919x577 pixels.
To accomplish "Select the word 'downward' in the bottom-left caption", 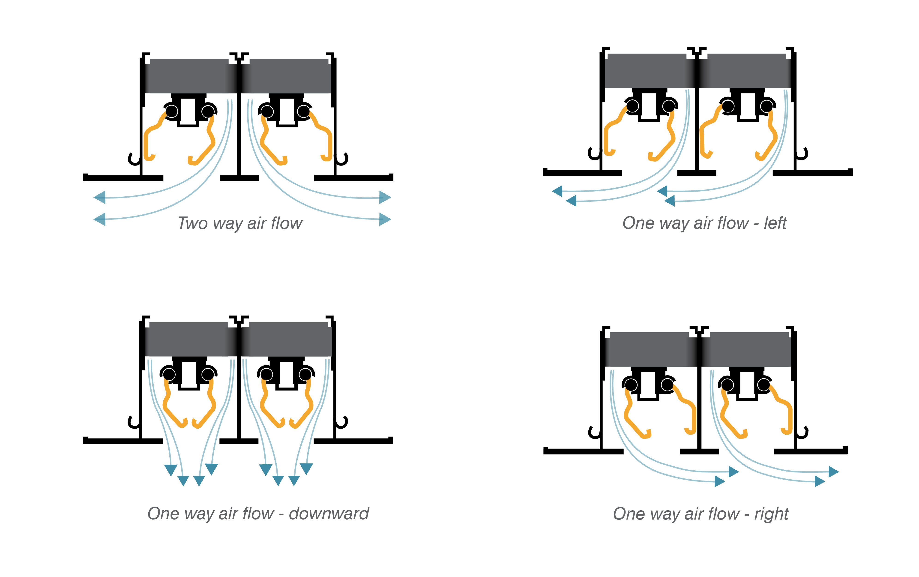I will [329, 514].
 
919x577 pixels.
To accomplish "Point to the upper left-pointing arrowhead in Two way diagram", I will [100, 198].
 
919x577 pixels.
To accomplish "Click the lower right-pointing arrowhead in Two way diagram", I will [385, 219].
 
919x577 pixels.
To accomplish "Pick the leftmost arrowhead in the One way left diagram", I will [557, 191].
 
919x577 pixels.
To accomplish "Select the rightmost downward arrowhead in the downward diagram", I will [306, 469].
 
